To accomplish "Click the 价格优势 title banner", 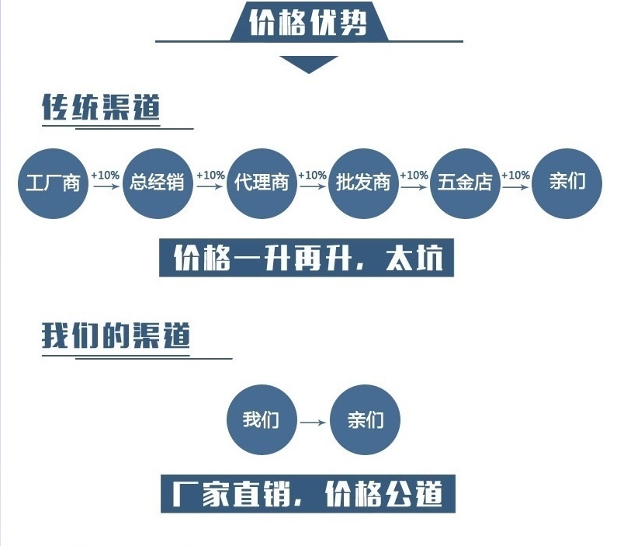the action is click(x=309, y=21).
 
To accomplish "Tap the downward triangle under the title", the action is click(x=309, y=64).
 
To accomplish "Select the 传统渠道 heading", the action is click(x=101, y=107).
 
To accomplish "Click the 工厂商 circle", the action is click(x=53, y=183).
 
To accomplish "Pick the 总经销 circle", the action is click(x=158, y=183).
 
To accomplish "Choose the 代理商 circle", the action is click(x=262, y=183).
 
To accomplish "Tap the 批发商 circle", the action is click(x=363, y=183).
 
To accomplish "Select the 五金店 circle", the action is click(x=465, y=183).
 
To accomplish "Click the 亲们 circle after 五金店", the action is click(x=567, y=183).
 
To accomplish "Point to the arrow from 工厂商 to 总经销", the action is click(x=106, y=186).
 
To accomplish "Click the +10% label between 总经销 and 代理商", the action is click(x=210, y=176).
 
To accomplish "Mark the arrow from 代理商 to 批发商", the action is click(x=313, y=186).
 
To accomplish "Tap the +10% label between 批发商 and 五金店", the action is click(x=414, y=176).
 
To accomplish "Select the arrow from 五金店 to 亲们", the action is click(x=516, y=186).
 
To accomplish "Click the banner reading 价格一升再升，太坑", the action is click(x=307, y=257).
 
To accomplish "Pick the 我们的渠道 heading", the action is click(x=116, y=335).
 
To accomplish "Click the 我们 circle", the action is click(x=262, y=419).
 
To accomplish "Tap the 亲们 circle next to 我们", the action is click(x=366, y=419).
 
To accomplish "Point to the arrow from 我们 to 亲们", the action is click(x=314, y=423).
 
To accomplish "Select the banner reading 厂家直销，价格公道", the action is click(x=308, y=494).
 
